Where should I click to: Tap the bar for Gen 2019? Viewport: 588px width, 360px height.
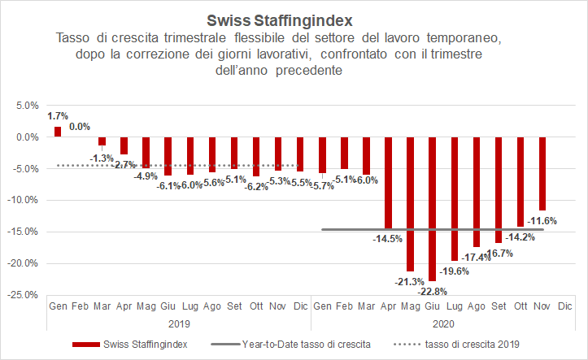tap(58, 132)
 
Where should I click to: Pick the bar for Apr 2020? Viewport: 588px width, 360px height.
tap(388, 182)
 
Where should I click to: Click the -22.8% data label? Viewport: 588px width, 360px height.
tap(432, 291)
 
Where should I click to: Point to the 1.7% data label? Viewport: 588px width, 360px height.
tap(58, 117)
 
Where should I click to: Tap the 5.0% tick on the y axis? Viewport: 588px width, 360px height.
tap(27, 106)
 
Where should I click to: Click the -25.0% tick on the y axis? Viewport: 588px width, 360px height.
tap(24, 295)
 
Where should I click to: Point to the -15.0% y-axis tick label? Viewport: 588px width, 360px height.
tap(24, 232)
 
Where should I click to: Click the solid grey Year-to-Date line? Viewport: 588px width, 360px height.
tap(488, 229)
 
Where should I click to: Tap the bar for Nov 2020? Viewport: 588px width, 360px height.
tap(542, 174)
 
